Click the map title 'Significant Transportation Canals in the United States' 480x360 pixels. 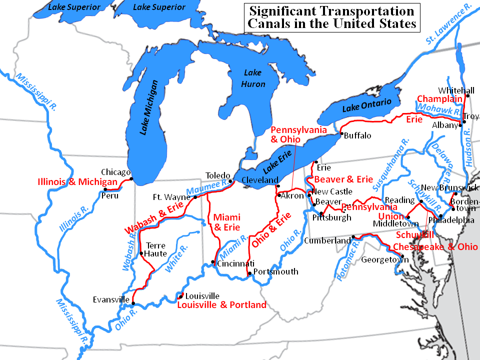[x=332, y=17]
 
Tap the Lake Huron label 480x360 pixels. [x=253, y=78]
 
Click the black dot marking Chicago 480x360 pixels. [x=131, y=178]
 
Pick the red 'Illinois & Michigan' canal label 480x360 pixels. [x=77, y=182]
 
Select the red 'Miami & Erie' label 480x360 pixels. [x=226, y=222]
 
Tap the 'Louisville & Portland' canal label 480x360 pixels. [x=221, y=304]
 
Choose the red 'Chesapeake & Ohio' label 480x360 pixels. [x=435, y=247]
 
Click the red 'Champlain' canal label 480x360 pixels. [x=440, y=98]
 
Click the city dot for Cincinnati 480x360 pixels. [x=213, y=262]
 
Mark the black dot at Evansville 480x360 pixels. [x=133, y=302]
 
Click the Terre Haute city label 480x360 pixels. [x=155, y=249]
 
